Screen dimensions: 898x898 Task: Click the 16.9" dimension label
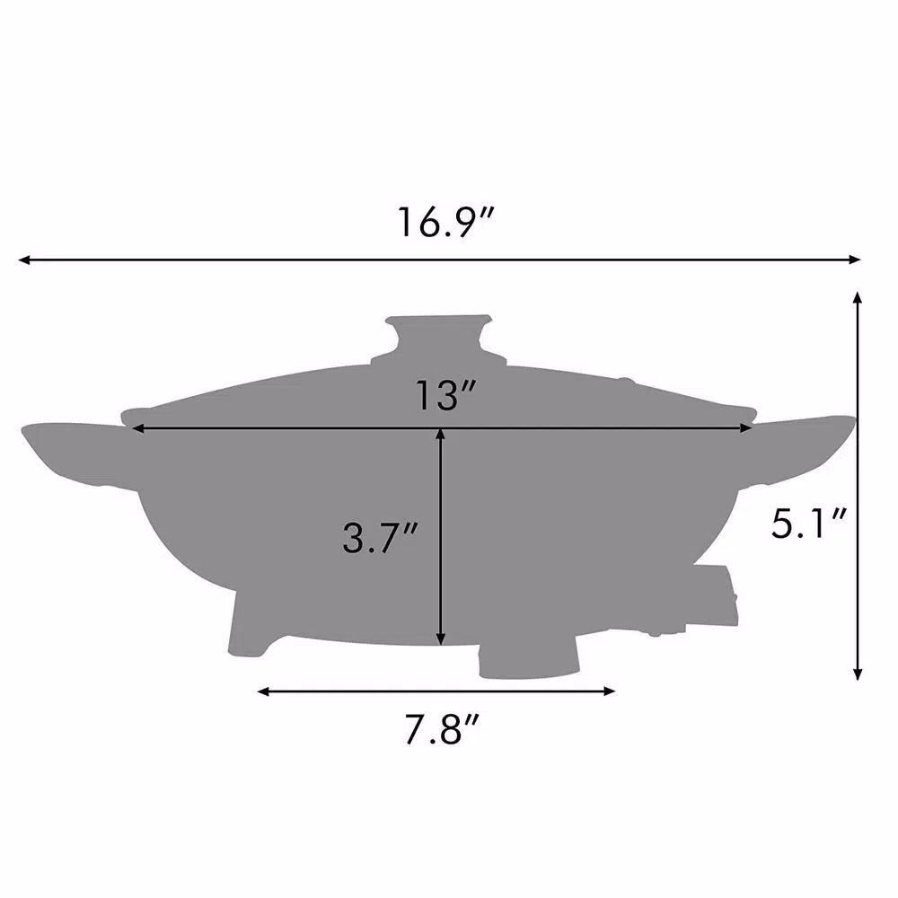pos(446,222)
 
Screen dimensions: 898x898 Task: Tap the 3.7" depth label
pos(381,537)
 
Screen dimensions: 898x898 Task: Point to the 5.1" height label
pos(809,523)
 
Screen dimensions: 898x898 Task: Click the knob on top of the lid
pos(439,338)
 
